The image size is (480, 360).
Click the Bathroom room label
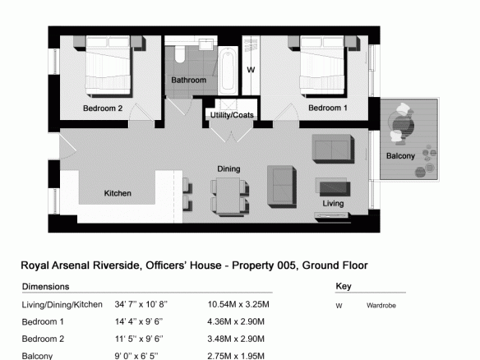(x=188, y=81)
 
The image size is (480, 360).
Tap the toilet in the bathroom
(x=179, y=54)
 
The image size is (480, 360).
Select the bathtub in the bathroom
(x=228, y=71)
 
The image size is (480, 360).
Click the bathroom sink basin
(x=206, y=44)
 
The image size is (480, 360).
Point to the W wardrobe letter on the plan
(x=251, y=70)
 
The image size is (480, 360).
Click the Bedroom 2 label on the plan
(x=103, y=108)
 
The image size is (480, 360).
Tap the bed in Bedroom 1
(x=323, y=65)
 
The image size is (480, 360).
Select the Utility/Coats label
(x=232, y=115)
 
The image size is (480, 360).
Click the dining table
(x=228, y=195)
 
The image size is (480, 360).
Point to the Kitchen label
(x=118, y=193)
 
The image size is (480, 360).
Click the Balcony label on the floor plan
(x=400, y=156)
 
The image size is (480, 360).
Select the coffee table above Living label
(x=335, y=188)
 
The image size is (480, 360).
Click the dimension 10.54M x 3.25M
(x=238, y=305)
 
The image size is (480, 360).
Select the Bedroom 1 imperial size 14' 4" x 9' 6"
(x=139, y=321)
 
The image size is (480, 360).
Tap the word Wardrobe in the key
(x=381, y=306)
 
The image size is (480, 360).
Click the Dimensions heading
(x=45, y=287)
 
